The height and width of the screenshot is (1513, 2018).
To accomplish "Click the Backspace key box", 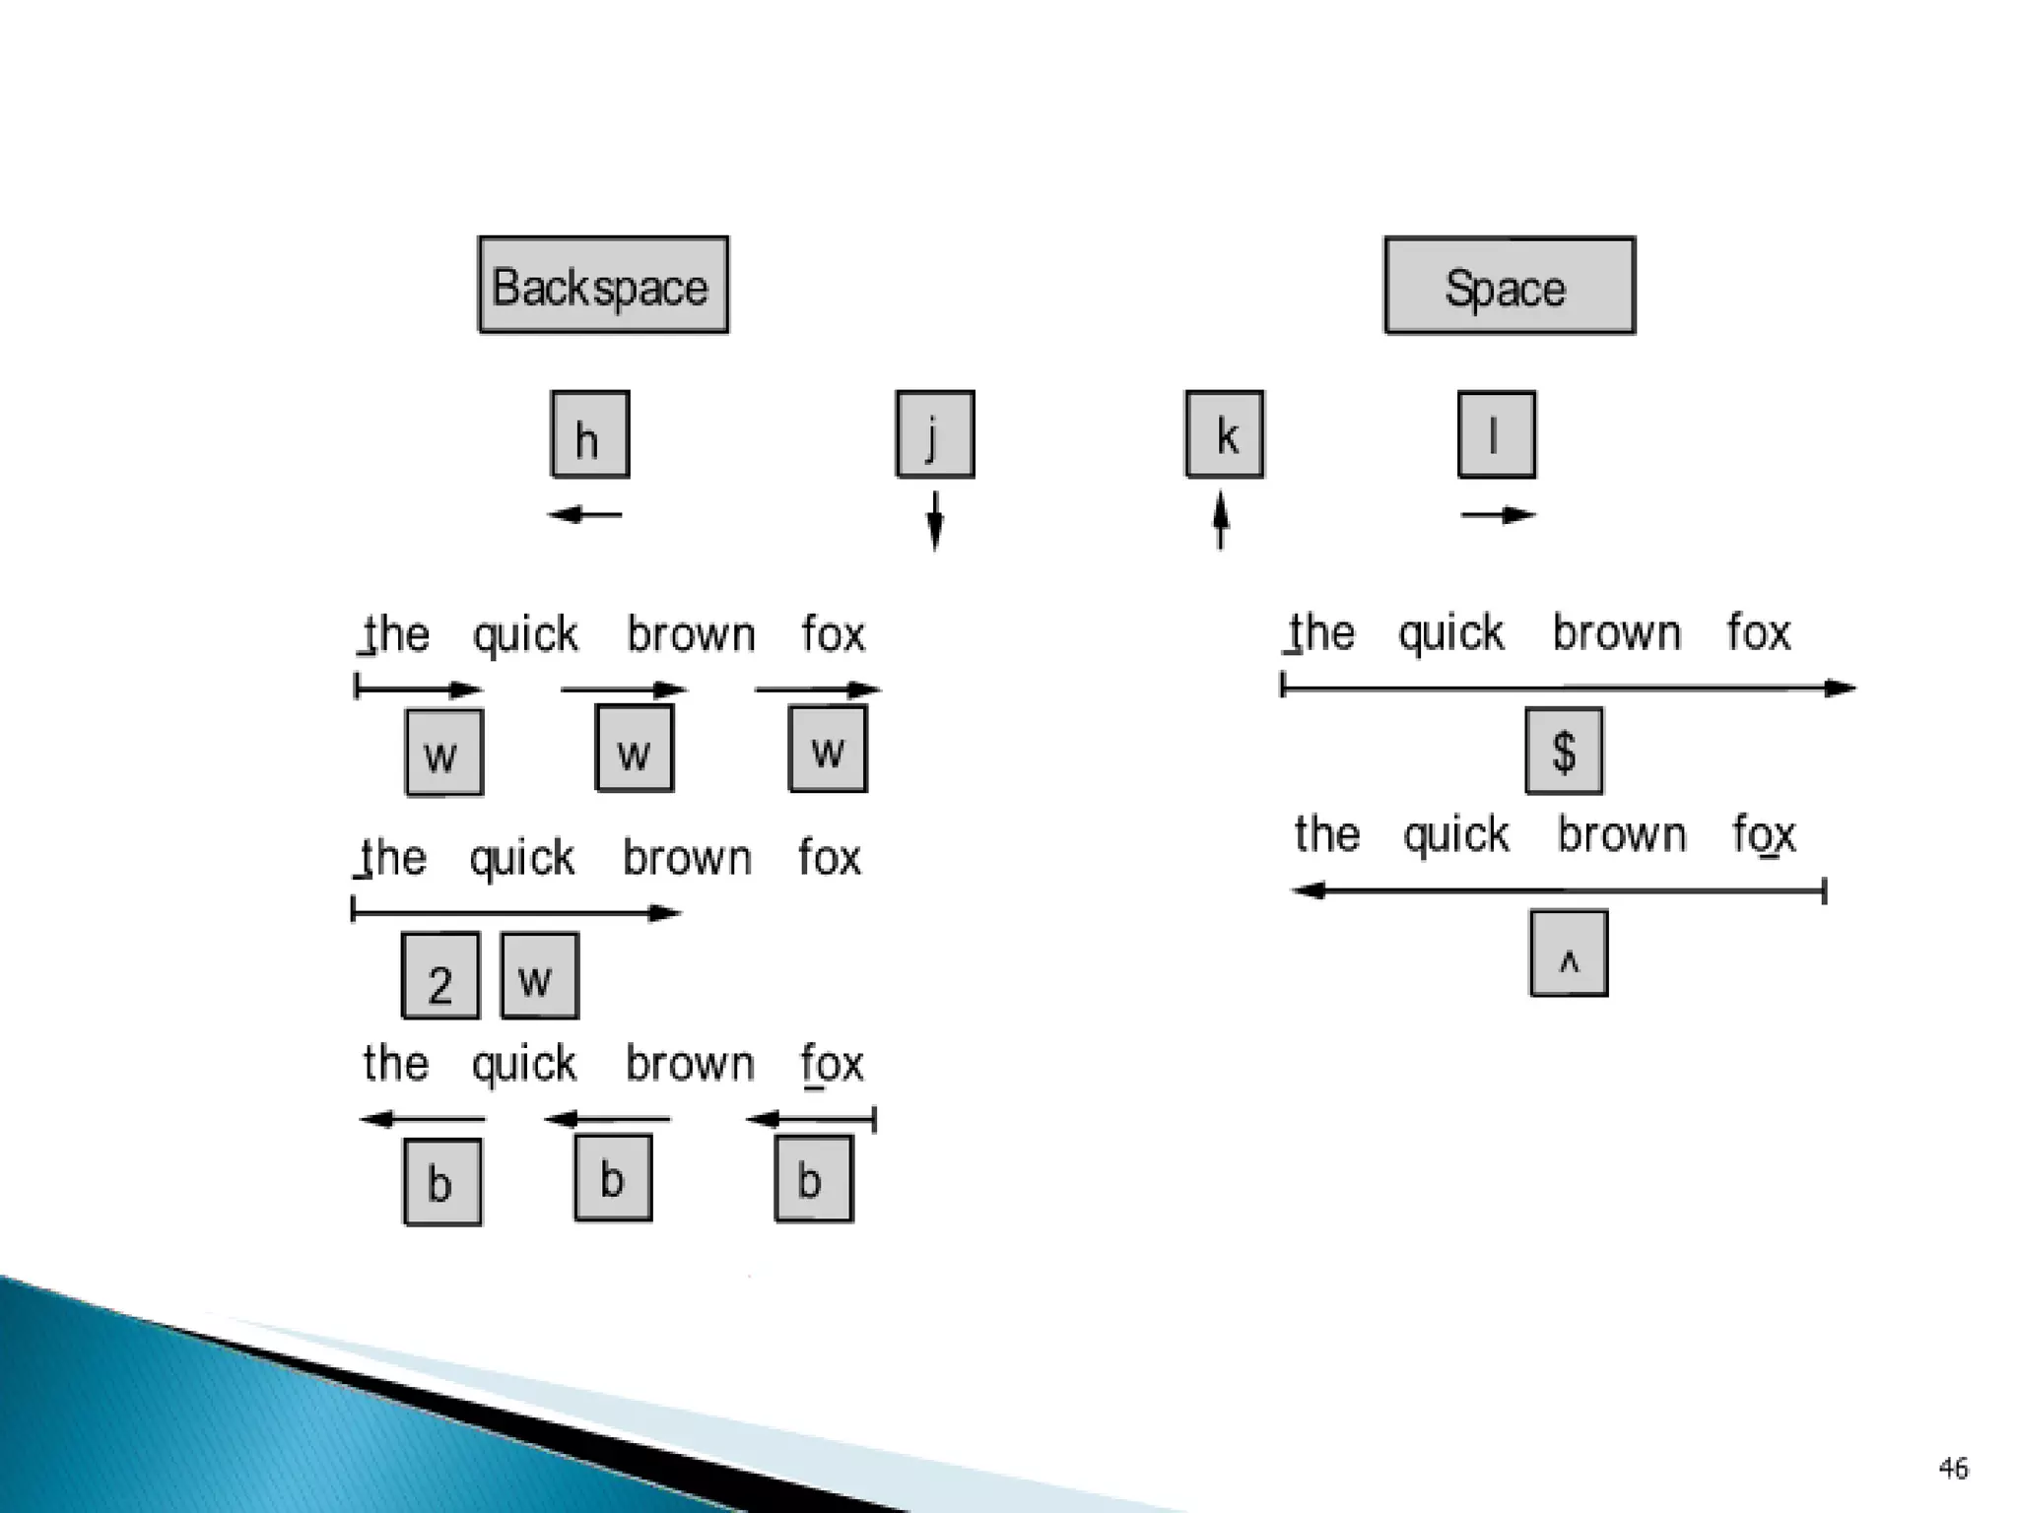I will coord(603,285).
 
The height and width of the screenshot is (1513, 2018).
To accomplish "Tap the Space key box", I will coord(1509,286).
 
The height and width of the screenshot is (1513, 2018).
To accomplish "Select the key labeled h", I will coord(589,434).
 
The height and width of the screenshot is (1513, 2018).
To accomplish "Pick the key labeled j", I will coord(934,434).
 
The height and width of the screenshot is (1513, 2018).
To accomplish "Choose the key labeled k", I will coord(1224,434).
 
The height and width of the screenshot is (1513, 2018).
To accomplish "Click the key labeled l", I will coord(1496,434).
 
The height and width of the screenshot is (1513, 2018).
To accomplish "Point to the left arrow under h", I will coord(585,514).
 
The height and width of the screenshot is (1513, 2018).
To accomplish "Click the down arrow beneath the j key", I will coord(935,520).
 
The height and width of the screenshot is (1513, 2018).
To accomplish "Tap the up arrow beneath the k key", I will coord(1221,520).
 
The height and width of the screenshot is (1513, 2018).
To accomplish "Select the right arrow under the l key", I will coord(1498,514).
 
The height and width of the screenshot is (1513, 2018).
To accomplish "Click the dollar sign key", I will coord(1564,751).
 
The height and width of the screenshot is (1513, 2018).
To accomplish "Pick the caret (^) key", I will coord(1569,954).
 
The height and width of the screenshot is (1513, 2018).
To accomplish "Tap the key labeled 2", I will coord(440,975).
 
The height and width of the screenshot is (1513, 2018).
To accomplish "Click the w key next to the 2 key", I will coord(539,975).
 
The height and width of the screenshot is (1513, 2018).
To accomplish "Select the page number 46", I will coord(1953,1469).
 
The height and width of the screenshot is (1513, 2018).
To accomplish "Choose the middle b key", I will coord(613,1178).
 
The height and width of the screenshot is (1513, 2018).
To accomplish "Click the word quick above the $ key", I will coord(1451,633).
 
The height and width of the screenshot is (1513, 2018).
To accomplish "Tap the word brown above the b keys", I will coord(690,1064).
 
